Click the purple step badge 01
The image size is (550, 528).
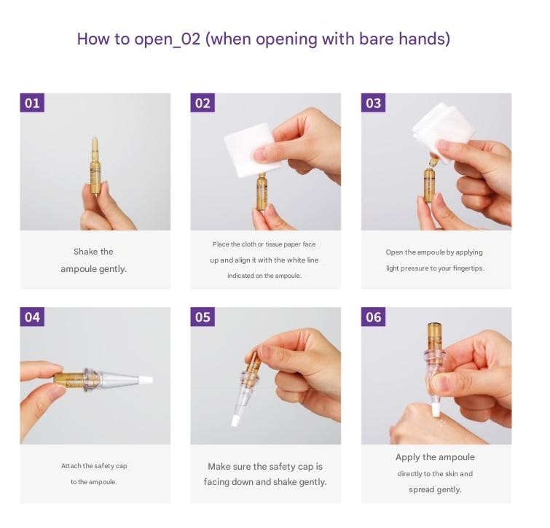click(x=32, y=103)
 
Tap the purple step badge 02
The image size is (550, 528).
click(x=203, y=103)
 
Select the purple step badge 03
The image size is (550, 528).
click(x=373, y=103)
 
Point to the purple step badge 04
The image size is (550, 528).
click(x=32, y=317)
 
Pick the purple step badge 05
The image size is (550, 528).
click(x=203, y=317)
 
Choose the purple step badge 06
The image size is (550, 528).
click(x=373, y=317)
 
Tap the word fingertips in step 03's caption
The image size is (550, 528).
click(x=468, y=268)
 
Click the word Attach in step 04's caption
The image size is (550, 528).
click(x=71, y=466)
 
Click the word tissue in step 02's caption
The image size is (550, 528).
click(x=274, y=244)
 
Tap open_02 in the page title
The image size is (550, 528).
click(x=168, y=39)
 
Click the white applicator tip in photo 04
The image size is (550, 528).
click(x=146, y=379)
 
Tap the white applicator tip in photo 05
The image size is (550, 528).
click(x=236, y=421)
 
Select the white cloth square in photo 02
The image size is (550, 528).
click(x=252, y=150)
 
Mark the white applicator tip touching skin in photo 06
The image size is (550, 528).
click(x=436, y=410)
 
